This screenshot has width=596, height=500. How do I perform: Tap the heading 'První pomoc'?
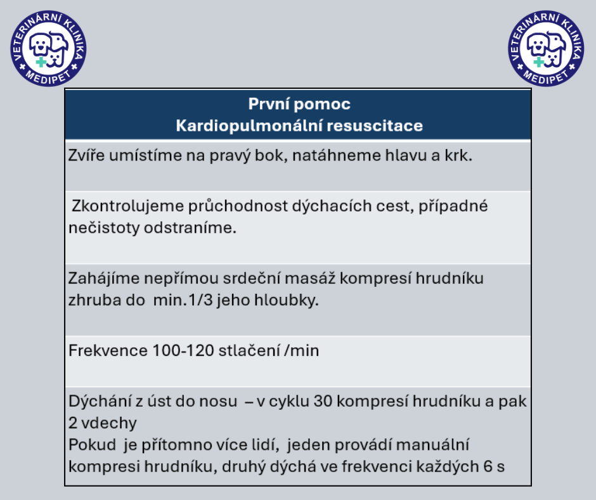tap(299, 104)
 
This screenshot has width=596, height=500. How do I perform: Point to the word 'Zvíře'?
tap(86, 156)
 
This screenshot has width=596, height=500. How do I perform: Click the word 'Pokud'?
tap(89, 444)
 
